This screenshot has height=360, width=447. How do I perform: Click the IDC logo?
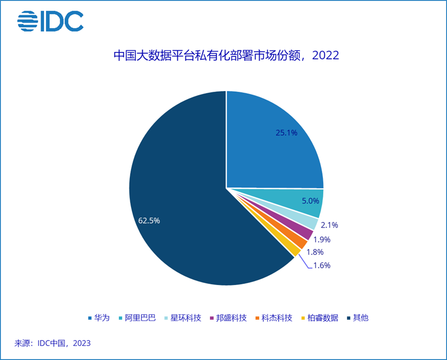coord(50,21)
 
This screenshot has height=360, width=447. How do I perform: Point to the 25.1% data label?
coord(286,133)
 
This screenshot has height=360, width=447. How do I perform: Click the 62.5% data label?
coord(149,220)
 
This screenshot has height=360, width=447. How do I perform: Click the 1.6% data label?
coord(321,265)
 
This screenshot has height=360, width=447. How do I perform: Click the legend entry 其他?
coord(361,318)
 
